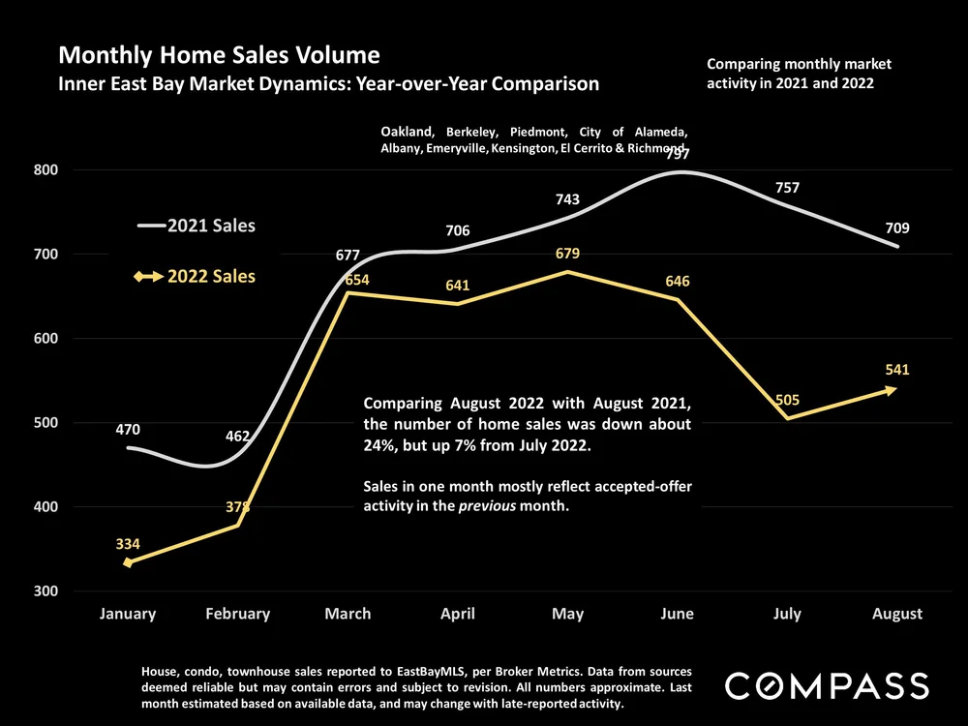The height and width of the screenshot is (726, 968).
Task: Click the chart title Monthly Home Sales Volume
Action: click(x=219, y=54)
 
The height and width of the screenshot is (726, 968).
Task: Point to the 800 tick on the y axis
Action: click(x=45, y=170)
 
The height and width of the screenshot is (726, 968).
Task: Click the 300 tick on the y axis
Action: click(x=45, y=590)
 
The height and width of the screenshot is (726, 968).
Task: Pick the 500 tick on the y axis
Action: click(x=45, y=423)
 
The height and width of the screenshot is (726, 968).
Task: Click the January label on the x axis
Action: click(x=129, y=614)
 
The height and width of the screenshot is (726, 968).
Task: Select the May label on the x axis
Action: click(x=567, y=614)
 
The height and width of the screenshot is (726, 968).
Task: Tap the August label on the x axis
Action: click(x=896, y=614)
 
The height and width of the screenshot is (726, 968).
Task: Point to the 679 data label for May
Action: click(x=567, y=254)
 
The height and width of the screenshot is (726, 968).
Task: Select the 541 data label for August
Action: click(x=896, y=370)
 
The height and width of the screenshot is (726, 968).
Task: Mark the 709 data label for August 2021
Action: click(x=896, y=228)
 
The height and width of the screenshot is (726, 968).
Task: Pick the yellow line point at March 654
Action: click(x=348, y=292)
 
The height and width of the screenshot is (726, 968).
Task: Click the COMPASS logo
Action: click(x=827, y=686)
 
